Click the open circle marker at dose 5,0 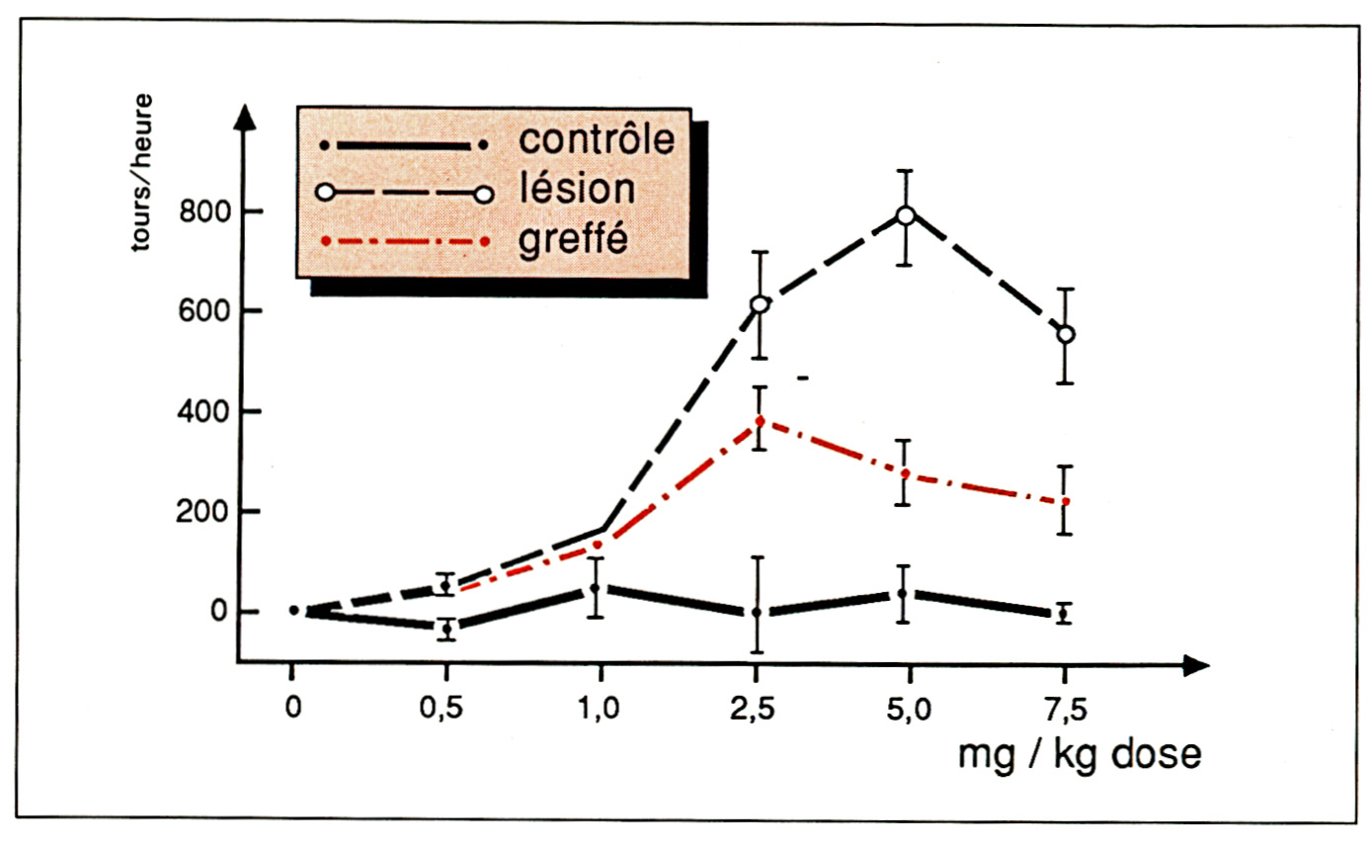click(x=906, y=215)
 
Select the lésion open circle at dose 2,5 click(x=760, y=304)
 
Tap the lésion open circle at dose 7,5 click(x=1065, y=335)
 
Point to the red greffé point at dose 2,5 click(x=760, y=420)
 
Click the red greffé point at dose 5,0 click(x=906, y=473)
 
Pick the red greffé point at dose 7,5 click(x=1065, y=502)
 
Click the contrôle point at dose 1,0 click(x=596, y=588)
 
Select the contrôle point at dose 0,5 click(x=446, y=629)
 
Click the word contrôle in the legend click(x=597, y=138)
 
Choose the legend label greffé click(x=573, y=238)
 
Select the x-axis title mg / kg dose click(x=1080, y=755)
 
